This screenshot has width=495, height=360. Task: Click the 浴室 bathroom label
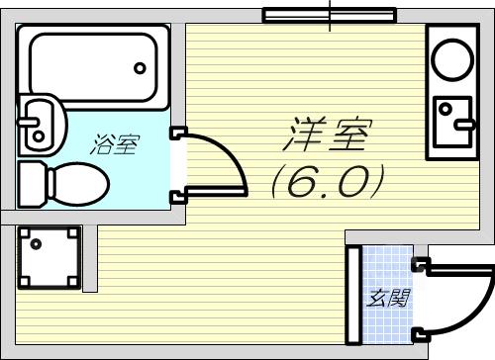(x=115, y=144)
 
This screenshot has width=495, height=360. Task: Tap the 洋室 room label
(x=328, y=134)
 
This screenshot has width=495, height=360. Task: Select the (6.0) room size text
(x=328, y=181)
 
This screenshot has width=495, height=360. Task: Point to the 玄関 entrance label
(x=389, y=298)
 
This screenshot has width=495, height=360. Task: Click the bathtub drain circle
(x=140, y=68)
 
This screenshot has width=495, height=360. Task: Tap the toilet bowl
(x=79, y=183)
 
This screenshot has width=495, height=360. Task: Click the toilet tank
(x=32, y=184)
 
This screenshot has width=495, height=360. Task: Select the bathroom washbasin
(x=43, y=125)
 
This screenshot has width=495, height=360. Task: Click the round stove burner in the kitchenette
(x=452, y=59)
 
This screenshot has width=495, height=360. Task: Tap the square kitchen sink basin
(x=452, y=121)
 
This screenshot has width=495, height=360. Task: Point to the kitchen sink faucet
(x=464, y=125)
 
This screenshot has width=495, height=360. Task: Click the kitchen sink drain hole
(x=445, y=108)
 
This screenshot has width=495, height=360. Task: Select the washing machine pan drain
(x=36, y=244)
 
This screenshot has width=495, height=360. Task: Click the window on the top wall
(x=330, y=15)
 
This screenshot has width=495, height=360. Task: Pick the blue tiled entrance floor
(x=388, y=295)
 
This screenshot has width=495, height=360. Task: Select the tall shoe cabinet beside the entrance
(x=353, y=296)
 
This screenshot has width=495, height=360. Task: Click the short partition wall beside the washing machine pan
(x=90, y=258)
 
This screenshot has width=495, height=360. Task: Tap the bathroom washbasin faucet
(x=29, y=122)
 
